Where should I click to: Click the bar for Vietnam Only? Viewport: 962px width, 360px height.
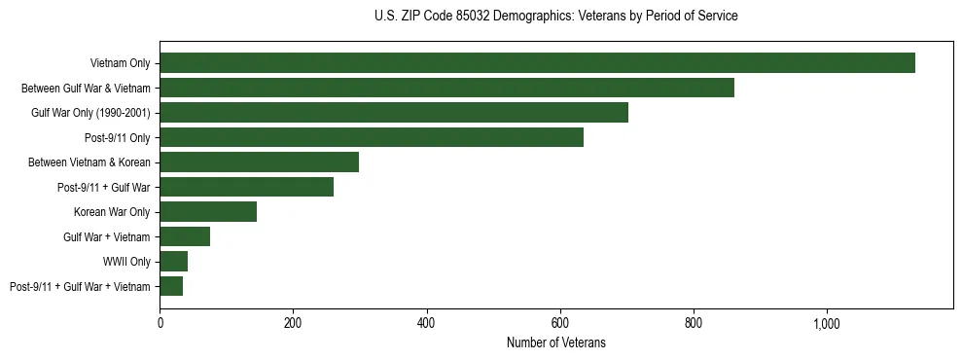pyautogui.click(x=537, y=63)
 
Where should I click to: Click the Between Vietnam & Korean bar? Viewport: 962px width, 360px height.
pyautogui.click(x=259, y=162)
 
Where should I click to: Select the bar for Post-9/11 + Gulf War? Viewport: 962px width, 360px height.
pyautogui.click(x=246, y=187)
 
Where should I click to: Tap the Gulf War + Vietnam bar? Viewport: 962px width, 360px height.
pyautogui.click(x=185, y=236)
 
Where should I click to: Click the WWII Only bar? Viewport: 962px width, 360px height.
pyautogui.click(x=173, y=262)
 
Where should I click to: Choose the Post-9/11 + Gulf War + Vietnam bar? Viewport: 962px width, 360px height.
pyautogui.click(x=171, y=286)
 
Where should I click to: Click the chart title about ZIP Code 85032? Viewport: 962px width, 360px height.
pyautogui.click(x=555, y=17)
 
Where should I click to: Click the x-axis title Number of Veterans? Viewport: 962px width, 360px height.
pyautogui.click(x=555, y=342)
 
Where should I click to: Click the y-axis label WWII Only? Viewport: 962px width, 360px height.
pyautogui.click(x=126, y=262)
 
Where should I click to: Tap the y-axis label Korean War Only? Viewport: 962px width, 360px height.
pyautogui.click(x=112, y=212)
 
